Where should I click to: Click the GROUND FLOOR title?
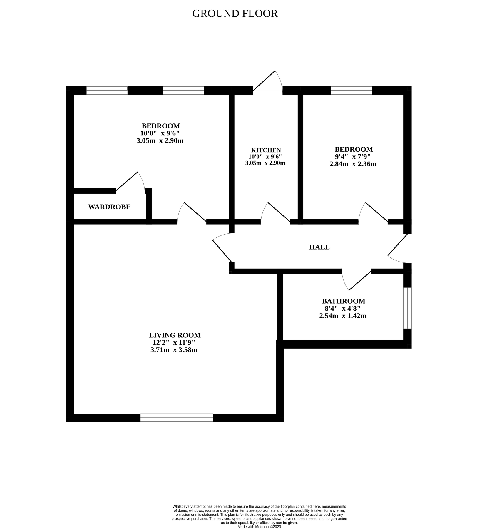coord(235,14)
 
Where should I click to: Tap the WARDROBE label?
coord(109,207)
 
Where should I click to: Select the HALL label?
coord(319,247)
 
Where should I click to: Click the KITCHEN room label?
coord(266,150)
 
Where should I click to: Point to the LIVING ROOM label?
coord(175,335)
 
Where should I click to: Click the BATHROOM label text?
coord(343,301)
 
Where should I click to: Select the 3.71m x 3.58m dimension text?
coord(174,350)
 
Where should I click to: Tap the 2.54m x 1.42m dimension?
coord(342,316)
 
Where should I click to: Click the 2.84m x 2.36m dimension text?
coord(353,164)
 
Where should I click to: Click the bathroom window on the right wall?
coord(407,308)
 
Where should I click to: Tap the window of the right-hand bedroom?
coord(352,90)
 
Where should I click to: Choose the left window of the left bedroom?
coord(107,90)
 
